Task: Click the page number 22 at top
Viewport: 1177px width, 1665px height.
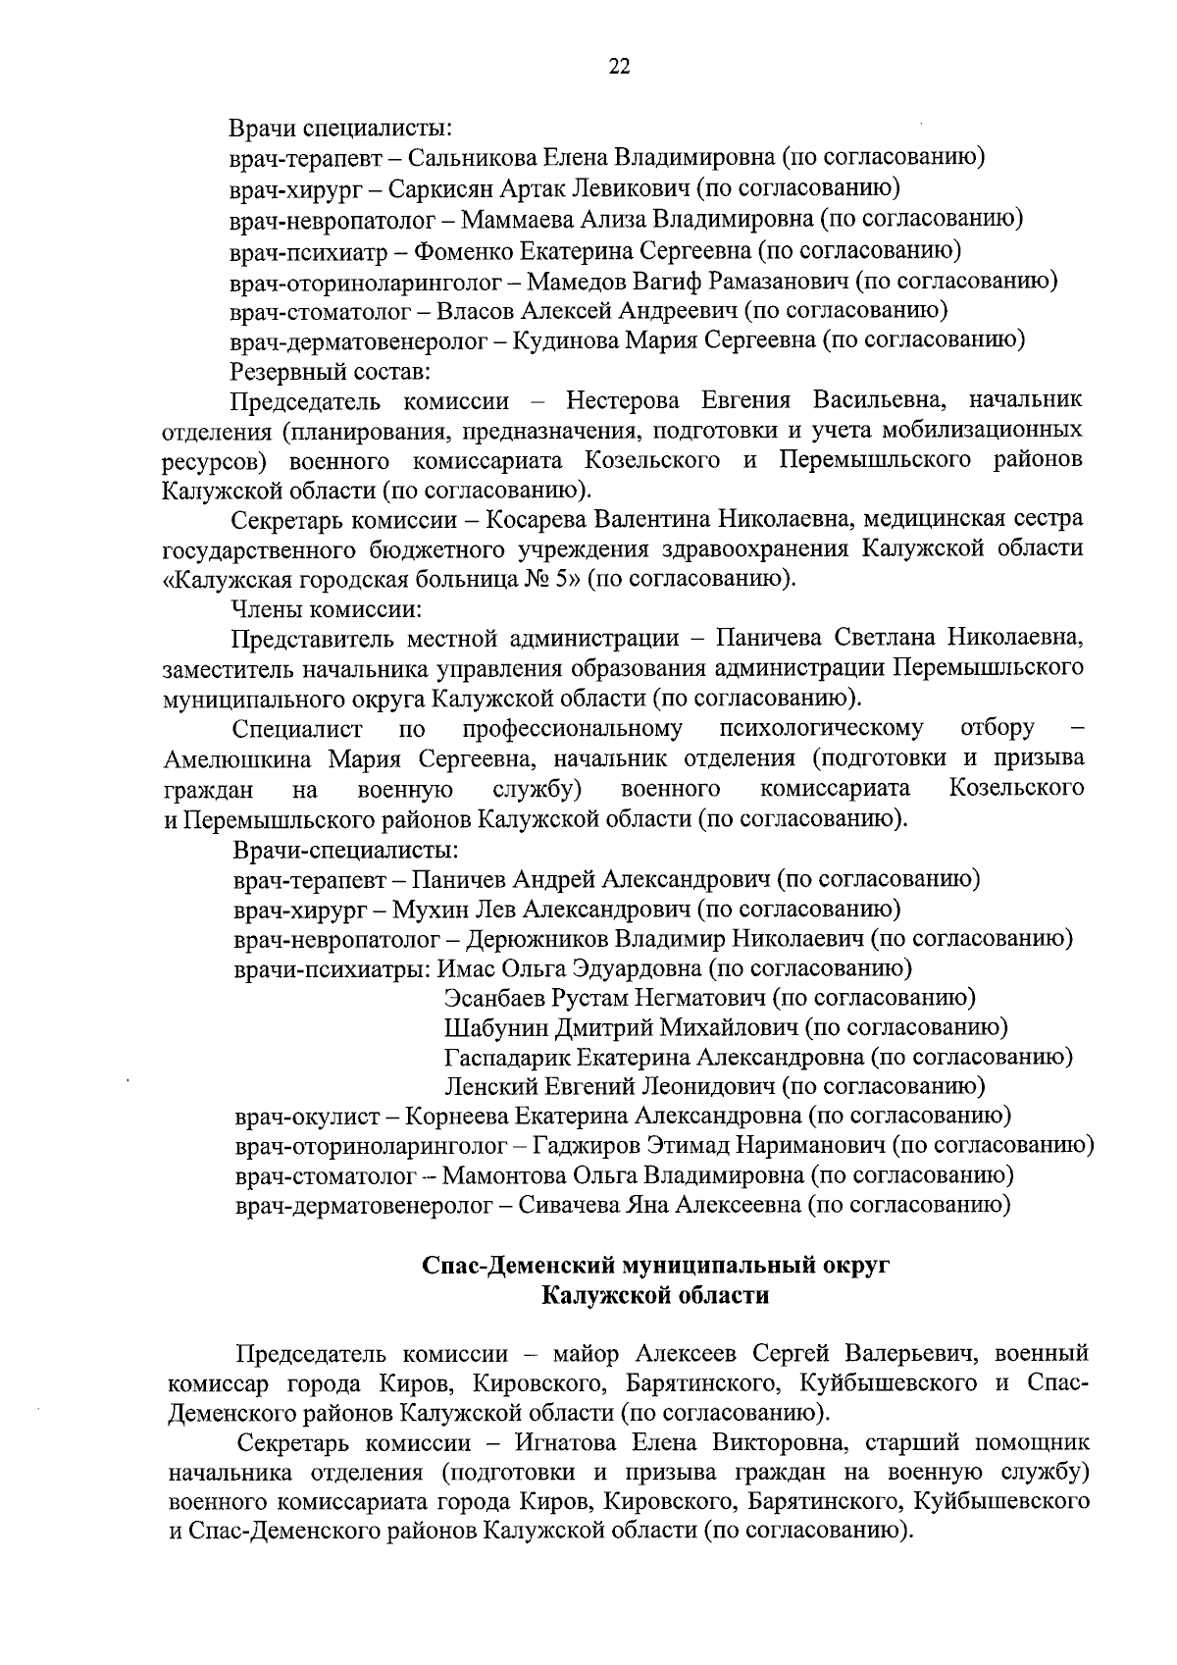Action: (x=619, y=67)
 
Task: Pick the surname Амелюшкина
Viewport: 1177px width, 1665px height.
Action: (x=238, y=758)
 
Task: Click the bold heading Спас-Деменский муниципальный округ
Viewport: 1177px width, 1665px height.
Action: (x=655, y=1266)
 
